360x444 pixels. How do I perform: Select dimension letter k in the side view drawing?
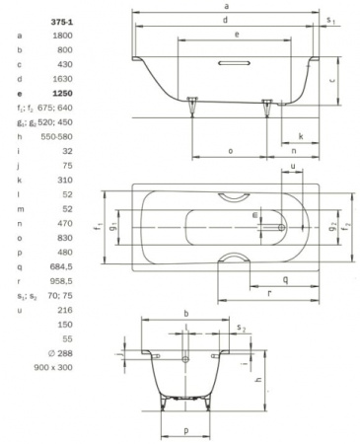[x=299, y=136]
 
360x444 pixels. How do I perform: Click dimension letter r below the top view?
[x=269, y=293]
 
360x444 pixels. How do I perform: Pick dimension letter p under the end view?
[x=185, y=430]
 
